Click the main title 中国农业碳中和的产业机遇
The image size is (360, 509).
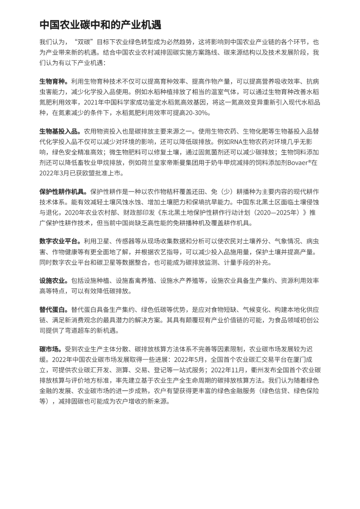[x=100, y=25]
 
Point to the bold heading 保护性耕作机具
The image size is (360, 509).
[x=62, y=192]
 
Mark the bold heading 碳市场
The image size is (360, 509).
[x=50, y=349]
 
